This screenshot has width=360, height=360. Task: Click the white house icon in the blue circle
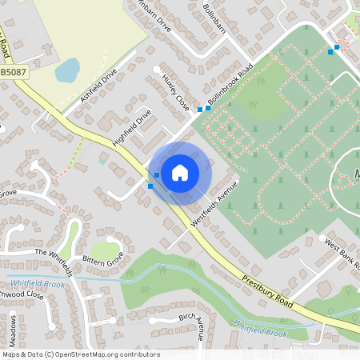(x=180, y=171)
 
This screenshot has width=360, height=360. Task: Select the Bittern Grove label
(x=102, y=261)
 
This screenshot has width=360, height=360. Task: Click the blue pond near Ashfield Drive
(x=66, y=70)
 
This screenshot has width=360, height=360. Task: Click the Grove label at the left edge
(x=8, y=193)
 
